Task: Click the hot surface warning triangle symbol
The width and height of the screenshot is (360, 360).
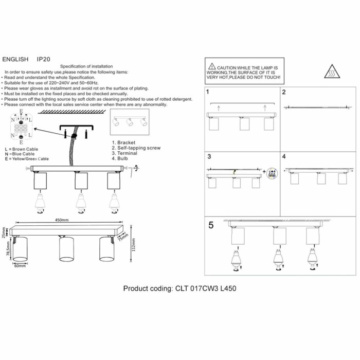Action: click(x=332, y=71)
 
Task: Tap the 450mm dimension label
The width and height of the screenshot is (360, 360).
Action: click(x=61, y=220)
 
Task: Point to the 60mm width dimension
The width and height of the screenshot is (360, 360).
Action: click(x=20, y=266)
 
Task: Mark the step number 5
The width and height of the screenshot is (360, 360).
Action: click(x=211, y=225)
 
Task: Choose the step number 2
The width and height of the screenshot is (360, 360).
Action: click(x=283, y=93)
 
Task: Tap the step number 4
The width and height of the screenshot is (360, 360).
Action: click(x=283, y=156)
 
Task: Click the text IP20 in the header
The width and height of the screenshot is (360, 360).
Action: click(x=44, y=60)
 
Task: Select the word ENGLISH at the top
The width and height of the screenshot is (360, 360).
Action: click(x=15, y=60)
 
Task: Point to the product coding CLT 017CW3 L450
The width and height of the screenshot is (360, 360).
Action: click(x=179, y=289)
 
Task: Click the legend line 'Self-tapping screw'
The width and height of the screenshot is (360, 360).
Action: click(x=136, y=148)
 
